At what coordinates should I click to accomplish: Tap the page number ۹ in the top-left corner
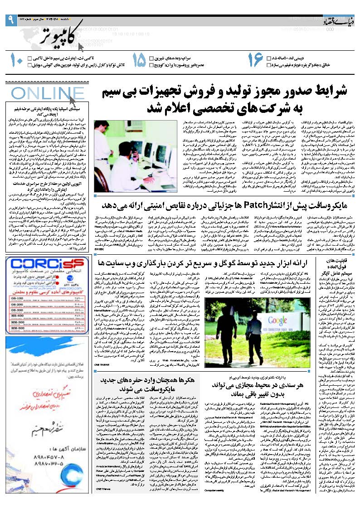tap(10, 20)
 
